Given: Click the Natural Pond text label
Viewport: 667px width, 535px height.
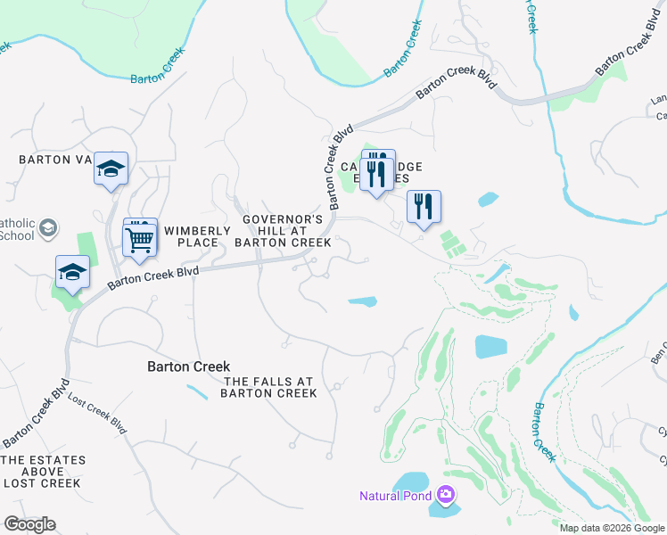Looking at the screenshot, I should point(396,496).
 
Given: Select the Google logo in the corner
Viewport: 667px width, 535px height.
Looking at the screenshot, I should point(29,524).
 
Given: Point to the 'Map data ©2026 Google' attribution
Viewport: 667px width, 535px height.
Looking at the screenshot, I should point(613,528).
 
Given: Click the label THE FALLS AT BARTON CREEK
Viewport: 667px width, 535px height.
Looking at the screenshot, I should point(268,387).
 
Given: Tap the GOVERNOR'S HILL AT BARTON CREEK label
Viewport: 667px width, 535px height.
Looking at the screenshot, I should point(283,230).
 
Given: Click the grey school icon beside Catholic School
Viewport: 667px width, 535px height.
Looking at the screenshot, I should point(49,227).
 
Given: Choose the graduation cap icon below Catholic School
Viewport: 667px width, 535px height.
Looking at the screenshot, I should point(72,271).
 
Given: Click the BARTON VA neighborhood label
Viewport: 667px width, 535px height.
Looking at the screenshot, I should point(55,160).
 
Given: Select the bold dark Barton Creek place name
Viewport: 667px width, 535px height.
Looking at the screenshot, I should point(188,366).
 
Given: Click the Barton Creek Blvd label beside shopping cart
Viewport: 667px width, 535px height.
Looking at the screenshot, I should point(152,277).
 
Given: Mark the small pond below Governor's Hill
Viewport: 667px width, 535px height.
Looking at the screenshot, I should point(362,301).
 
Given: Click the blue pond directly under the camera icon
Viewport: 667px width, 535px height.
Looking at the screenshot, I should point(446,510).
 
